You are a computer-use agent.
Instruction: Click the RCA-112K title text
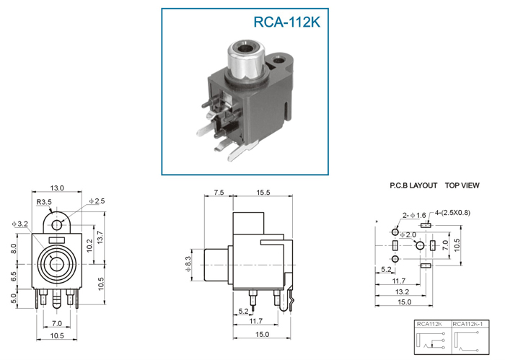tap(287, 22)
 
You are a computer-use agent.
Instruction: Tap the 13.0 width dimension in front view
tap(57, 188)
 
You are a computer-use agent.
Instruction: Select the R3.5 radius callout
tap(44, 202)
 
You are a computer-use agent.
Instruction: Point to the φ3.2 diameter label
tap(20, 224)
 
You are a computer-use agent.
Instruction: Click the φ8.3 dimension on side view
tap(188, 264)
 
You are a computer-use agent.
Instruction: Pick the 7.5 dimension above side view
tap(219, 192)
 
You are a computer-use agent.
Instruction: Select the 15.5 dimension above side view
tap(263, 192)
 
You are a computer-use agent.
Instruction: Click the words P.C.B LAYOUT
tap(413, 185)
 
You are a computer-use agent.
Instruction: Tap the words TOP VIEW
tap(462, 185)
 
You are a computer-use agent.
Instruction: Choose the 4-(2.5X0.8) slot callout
tap(452, 213)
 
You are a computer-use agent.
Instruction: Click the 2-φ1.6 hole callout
tap(414, 215)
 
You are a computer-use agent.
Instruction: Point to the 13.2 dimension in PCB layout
tap(402, 291)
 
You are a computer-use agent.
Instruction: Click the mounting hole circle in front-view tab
tap(57, 225)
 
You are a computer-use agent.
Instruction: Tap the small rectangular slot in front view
tap(57, 240)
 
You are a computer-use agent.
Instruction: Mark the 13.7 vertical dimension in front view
tap(100, 237)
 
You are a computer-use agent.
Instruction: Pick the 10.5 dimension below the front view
tap(57, 335)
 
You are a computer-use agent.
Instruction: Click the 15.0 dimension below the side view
tap(262, 334)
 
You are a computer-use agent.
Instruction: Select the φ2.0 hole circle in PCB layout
tap(420, 245)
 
